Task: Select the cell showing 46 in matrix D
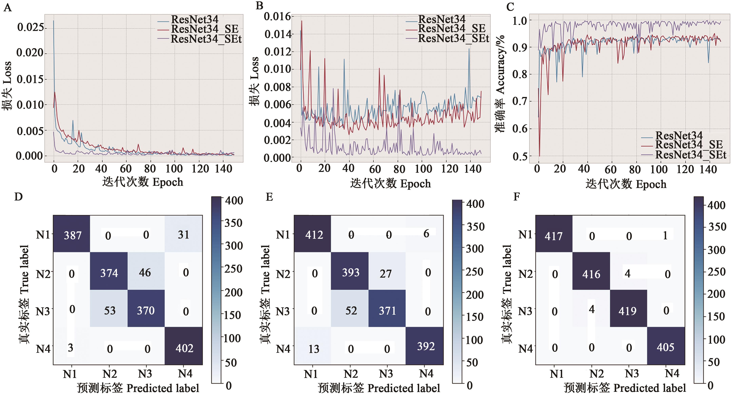coord(145,272)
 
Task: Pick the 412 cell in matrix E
coord(314,235)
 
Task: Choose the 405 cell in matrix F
coord(665,347)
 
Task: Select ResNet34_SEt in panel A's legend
coord(206,39)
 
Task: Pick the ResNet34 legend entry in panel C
coord(679,135)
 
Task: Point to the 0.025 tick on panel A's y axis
coord(30,27)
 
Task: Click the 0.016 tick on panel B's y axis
coord(277,16)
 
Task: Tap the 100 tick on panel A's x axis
coord(174,169)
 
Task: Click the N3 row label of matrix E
coord(283,311)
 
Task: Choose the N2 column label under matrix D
coord(110,374)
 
